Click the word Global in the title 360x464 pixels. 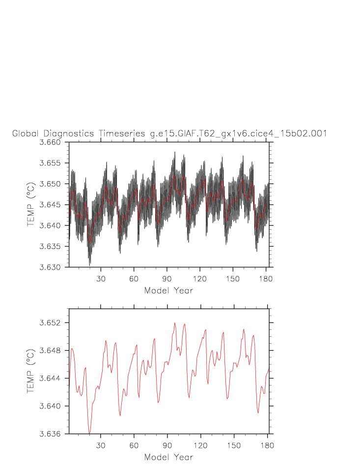point(27,134)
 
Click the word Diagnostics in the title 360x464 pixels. point(69,134)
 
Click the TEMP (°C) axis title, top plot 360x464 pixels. point(31,205)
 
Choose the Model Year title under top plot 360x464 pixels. point(168,291)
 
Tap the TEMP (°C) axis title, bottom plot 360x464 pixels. point(31,371)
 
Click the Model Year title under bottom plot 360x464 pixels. point(168,457)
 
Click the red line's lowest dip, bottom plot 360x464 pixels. point(89,434)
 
